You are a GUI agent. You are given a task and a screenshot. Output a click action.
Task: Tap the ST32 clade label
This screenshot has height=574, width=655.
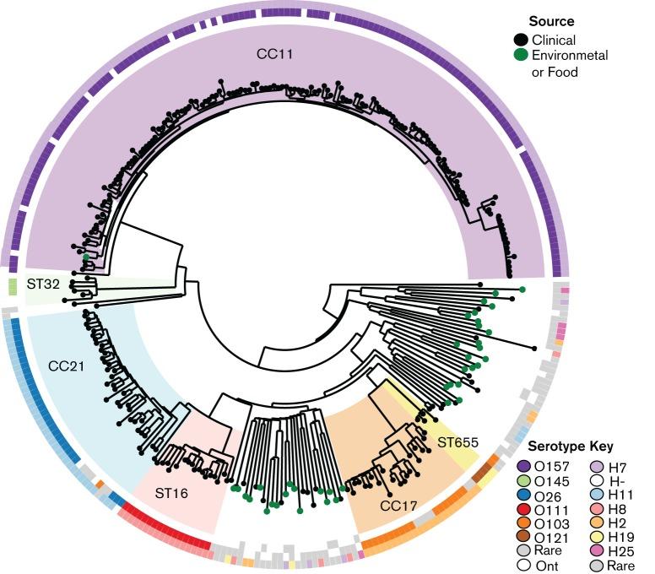click(42, 284)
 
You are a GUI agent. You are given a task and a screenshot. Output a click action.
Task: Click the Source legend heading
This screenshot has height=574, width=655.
click(551, 20)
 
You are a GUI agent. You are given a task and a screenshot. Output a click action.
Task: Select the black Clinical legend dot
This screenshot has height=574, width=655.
click(522, 40)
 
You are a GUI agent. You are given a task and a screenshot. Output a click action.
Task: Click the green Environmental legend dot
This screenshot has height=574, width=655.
click(522, 56)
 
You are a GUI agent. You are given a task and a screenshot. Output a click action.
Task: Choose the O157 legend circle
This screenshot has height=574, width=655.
click(523, 465)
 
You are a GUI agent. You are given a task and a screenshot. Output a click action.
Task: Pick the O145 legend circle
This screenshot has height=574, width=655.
click(523, 481)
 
